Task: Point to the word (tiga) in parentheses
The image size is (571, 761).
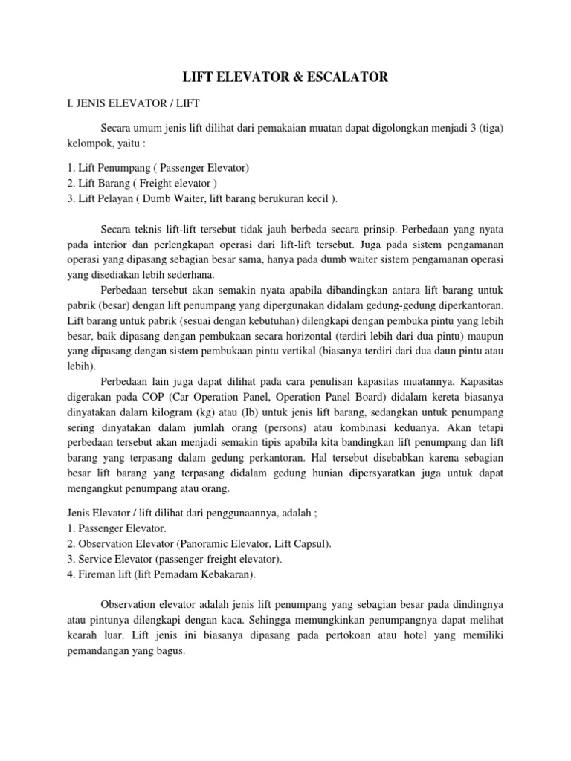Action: click(489, 127)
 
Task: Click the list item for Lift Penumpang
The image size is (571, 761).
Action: click(155, 169)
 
